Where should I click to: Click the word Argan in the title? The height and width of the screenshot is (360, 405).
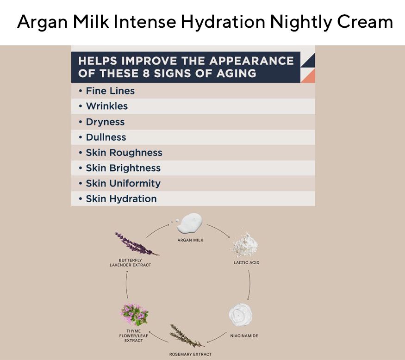43,22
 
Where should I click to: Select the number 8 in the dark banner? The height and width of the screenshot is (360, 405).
146,74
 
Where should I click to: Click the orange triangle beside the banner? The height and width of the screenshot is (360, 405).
308,76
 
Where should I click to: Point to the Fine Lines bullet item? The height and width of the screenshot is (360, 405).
106,91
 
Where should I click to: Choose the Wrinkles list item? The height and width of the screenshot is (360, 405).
103,106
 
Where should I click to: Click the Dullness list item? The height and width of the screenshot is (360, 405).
103,137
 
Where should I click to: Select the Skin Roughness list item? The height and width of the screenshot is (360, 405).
121,153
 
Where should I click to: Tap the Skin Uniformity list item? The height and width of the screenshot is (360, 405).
119,183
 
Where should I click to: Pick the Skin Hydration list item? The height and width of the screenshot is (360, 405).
118,199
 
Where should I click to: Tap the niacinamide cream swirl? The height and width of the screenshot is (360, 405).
240,315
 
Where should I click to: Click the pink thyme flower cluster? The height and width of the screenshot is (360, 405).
134,314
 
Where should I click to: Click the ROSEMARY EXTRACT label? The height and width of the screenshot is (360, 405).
190,354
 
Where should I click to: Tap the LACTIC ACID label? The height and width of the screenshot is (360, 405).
246,263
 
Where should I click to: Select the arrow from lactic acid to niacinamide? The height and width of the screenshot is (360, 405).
250,285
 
